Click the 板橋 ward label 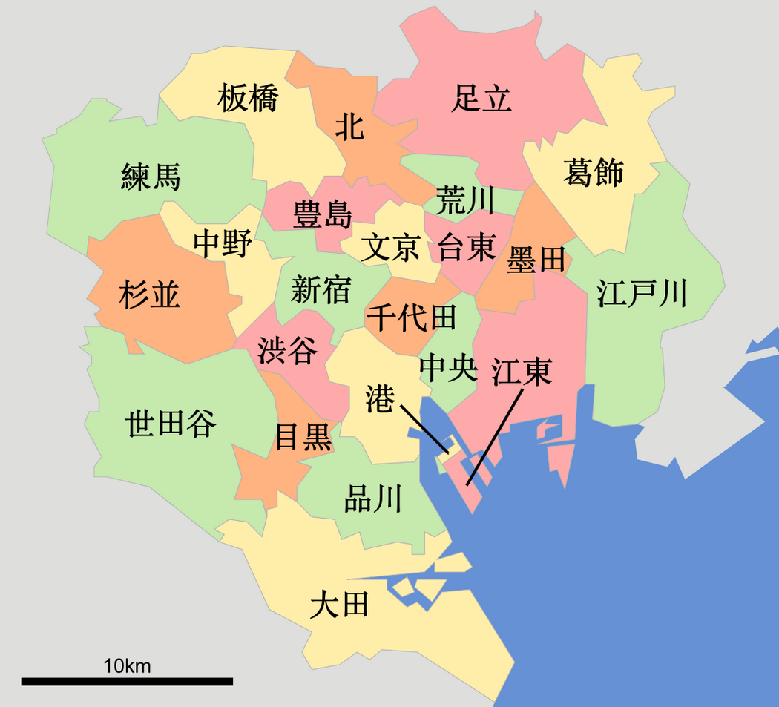[248, 99]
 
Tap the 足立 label [481, 99]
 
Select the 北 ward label [349, 127]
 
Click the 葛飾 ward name [593, 172]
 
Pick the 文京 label [391, 248]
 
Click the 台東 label [466, 246]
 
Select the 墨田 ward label [536, 260]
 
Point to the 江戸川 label [642, 294]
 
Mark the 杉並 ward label [149, 295]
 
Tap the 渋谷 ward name [287, 350]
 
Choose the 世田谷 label [171, 424]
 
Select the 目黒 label [303, 438]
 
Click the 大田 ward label [339, 605]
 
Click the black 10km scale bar [127, 681]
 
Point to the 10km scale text [127, 665]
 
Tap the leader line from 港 [424, 428]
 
